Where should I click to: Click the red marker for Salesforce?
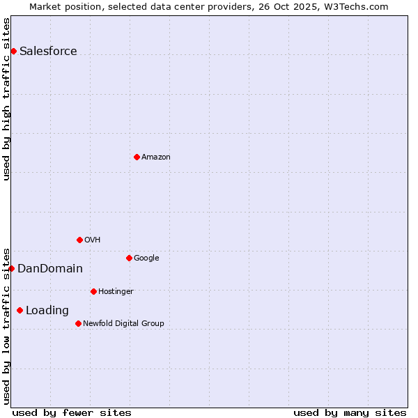(13, 51)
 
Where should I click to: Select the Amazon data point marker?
(137, 157)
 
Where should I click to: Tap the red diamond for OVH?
(79, 240)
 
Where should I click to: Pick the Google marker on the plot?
(129, 258)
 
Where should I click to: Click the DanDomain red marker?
(11, 268)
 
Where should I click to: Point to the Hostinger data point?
(93, 291)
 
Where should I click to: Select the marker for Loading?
(20, 310)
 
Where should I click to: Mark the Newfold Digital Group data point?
(78, 323)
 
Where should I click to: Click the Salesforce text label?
(48, 51)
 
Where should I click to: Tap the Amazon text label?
(156, 157)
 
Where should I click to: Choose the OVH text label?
(93, 240)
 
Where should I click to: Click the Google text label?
(146, 258)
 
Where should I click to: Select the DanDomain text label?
(50, 268)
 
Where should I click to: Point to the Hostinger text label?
(116, 291)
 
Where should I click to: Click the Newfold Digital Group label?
(123, 323)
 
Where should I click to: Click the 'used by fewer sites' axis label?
(72, 412)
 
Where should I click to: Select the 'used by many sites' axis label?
(350, 412)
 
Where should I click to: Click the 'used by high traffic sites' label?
(7, 99)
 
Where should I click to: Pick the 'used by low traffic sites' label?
(7, 325)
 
